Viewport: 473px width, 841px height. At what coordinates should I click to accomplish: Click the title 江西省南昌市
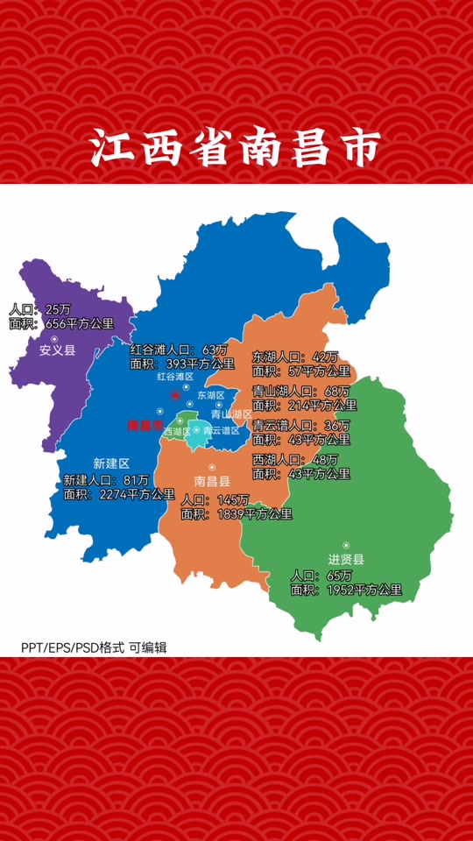236,148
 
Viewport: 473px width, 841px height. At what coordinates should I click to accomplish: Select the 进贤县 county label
346,560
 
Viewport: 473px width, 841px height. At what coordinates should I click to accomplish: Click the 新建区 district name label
111,463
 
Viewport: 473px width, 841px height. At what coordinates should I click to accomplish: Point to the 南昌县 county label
212,481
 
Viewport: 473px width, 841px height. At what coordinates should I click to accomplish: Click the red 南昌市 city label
145,426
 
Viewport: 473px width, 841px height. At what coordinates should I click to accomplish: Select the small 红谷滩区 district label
174,377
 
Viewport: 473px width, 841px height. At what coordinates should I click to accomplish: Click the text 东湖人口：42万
294,357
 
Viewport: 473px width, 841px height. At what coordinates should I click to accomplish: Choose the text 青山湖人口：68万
300,391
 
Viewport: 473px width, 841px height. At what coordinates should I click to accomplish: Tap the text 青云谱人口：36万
300,425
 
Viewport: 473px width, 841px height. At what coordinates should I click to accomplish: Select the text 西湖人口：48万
294,460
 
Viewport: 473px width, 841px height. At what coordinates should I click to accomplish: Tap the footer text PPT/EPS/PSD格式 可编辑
94,647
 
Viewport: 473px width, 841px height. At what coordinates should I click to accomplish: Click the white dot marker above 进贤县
346,545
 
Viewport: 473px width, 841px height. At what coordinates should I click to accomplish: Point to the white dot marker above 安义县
54,338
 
